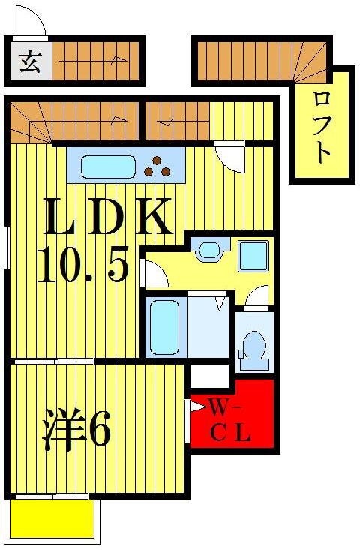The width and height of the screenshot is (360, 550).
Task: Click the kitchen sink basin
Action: tap(108, 166)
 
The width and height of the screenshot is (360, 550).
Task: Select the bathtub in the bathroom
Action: tap(163, 327)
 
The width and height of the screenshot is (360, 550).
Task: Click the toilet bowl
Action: tap(253, 351)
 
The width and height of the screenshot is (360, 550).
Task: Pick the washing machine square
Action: tap(253, 257)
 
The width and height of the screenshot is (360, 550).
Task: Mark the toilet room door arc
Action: tap(256, 297)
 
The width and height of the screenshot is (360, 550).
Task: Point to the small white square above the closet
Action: tap(209, 374)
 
